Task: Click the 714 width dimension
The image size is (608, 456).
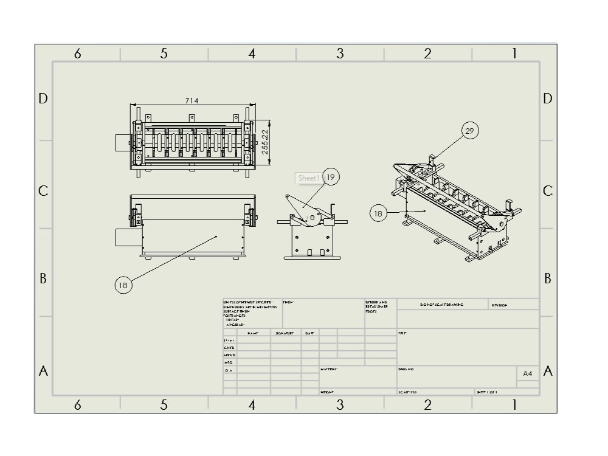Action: (192, 101)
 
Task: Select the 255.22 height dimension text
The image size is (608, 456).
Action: (265, 142)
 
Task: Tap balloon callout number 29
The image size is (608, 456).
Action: (469, 131)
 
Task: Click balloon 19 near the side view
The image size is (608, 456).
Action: (331, 178)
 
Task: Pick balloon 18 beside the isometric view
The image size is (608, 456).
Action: (378, 213)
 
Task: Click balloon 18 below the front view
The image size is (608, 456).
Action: (123, 285)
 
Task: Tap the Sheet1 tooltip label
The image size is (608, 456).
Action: (308, 178)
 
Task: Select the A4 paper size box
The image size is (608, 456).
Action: (528, 373)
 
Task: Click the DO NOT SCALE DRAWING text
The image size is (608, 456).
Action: (441, 305)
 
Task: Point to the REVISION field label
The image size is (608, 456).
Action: (500, 305)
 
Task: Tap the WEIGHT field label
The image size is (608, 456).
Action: (327, 392)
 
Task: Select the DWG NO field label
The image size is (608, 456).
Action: (406, 369)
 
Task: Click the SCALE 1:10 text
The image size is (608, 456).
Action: (408, 392)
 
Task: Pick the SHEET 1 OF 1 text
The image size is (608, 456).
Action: (487, 392)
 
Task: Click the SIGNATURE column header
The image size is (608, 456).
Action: (285, 333)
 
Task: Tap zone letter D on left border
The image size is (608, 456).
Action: (43, 98)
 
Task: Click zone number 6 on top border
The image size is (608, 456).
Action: (77, 54)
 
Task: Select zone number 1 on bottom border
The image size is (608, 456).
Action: (514, 404)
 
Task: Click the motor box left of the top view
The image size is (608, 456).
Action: (122, 143)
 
